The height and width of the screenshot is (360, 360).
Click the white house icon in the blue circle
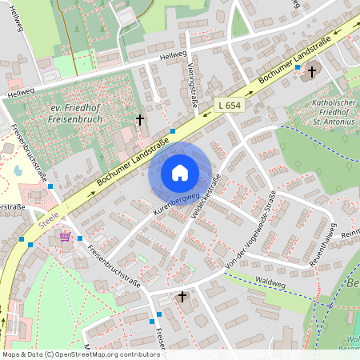point(180,173)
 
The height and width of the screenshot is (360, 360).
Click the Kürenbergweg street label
point(175,203)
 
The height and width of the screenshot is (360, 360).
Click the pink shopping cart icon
point(65,237)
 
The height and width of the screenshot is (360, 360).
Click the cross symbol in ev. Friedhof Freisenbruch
point(140,120)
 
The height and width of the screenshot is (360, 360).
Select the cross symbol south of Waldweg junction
point(182,297)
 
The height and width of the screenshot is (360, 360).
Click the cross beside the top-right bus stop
point(311,71)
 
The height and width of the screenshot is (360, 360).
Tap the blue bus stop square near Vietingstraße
point(173,130)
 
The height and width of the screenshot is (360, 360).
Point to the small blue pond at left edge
point(18,170)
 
